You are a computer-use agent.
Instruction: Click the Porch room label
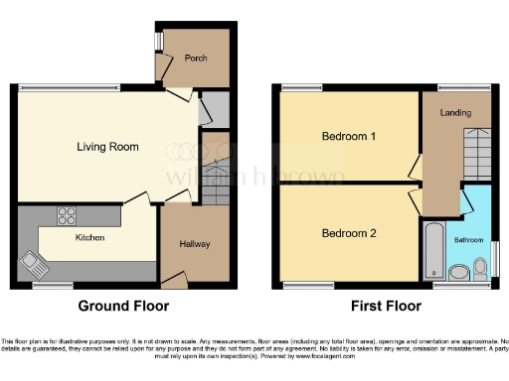pos(196,58)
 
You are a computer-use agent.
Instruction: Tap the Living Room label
pos(107,147)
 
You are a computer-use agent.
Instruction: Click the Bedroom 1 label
pos(348,137)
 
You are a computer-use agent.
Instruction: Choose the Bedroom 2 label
pos(348,234)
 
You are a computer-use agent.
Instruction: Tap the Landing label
pos(456,113)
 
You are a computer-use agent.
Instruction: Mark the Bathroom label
pos(469,240)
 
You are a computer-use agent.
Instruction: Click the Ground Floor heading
pos(124,307)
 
